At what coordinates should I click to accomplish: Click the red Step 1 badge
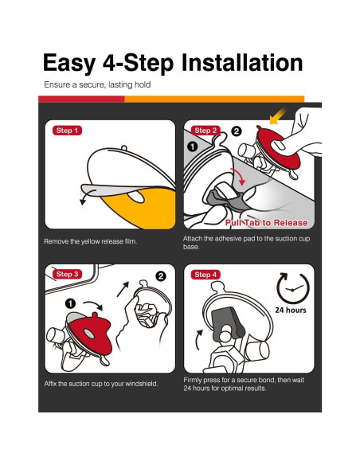67,131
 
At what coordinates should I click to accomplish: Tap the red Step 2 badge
205,131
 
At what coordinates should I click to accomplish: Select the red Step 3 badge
67,274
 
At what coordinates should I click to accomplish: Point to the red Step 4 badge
205,275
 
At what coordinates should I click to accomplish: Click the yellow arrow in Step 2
278,116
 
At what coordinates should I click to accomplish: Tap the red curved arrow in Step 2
240,176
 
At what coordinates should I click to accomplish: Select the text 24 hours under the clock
291,311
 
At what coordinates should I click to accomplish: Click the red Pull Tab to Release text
266,223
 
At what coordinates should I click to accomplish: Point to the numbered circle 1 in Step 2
193,147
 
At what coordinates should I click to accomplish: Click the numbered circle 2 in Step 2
237,131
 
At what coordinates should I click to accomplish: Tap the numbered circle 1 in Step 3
70,303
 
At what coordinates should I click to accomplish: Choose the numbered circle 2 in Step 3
161,276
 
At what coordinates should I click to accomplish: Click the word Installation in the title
242,63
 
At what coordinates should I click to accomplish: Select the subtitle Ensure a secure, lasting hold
97,85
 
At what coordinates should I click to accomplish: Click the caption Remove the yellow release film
91,241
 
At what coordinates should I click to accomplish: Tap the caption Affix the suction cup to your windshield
101,384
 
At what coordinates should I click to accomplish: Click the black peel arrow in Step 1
87,197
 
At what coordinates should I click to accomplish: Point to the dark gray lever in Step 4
229,323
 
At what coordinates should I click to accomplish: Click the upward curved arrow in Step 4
198,338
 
